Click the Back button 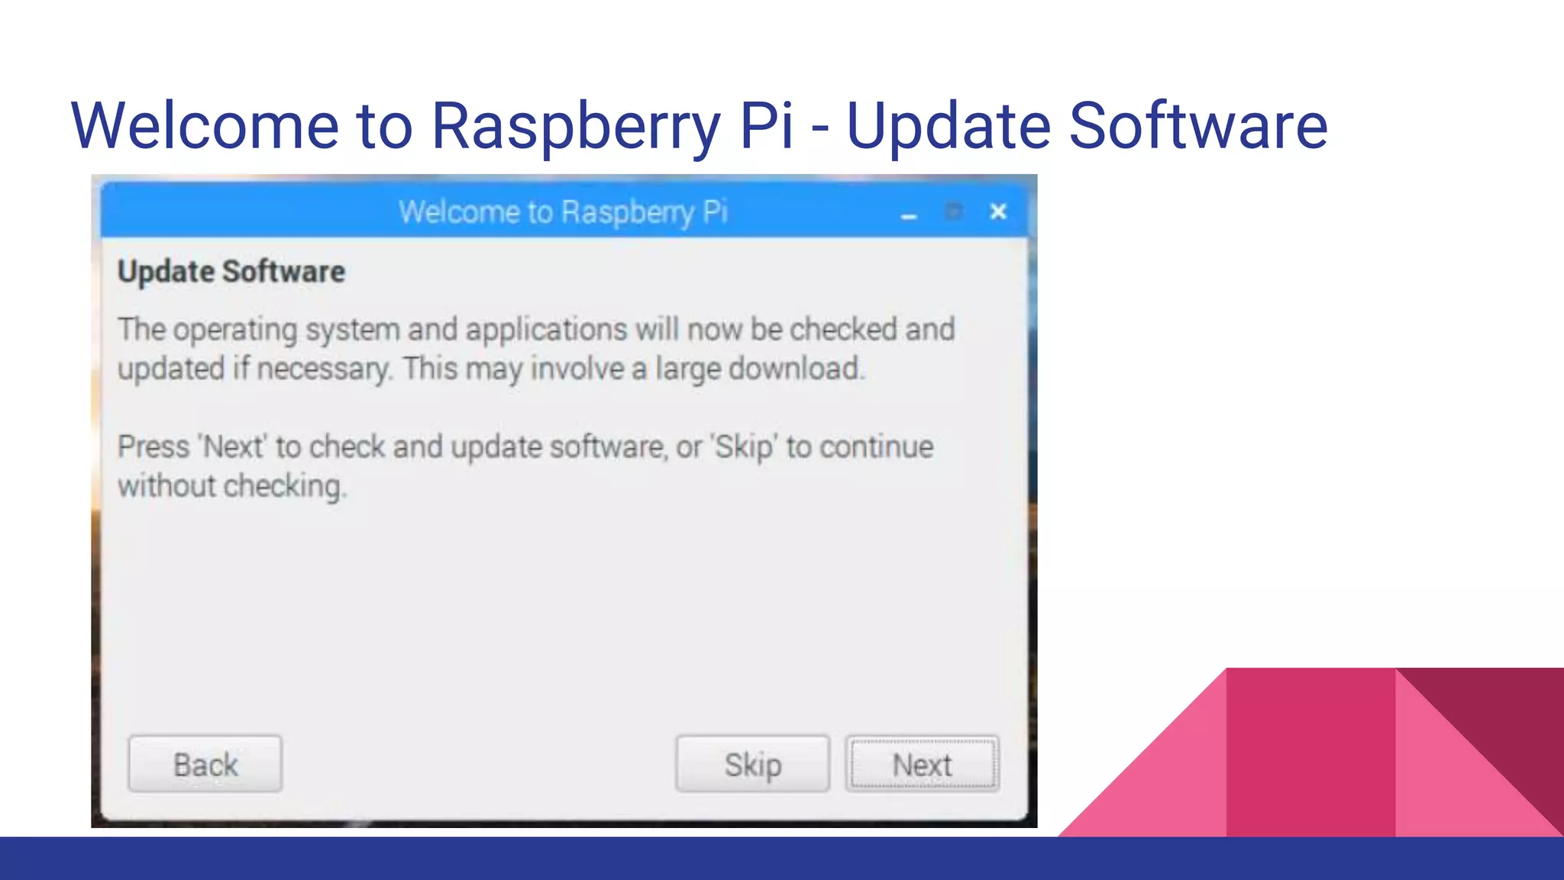click(x=205, y=764)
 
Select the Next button click(x=922, y=764)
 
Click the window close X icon click(x=998, y=212)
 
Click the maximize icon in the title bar click(x=953, y=212)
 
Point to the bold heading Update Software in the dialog click(x=231, y=272)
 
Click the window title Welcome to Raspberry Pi click(x=563, y=212)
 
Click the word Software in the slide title click(x=1197, y=126)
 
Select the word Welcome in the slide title click(x=205, y=126)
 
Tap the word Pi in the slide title click(x=766, y=126)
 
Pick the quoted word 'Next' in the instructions click(x=233, y=447)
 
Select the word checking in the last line click(x=283, y=487)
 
